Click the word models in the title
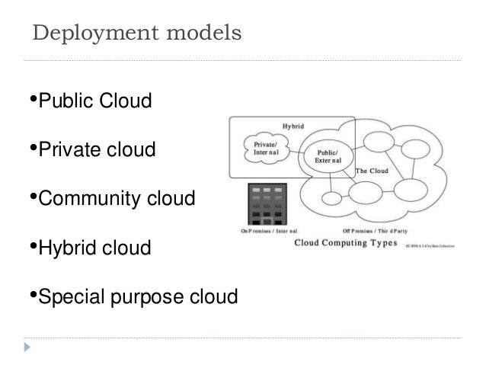(205, 34)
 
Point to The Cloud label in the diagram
(371, 171)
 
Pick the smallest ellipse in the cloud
(331, 197)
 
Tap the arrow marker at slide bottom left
(28, 344)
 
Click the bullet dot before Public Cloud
(32, 99)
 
